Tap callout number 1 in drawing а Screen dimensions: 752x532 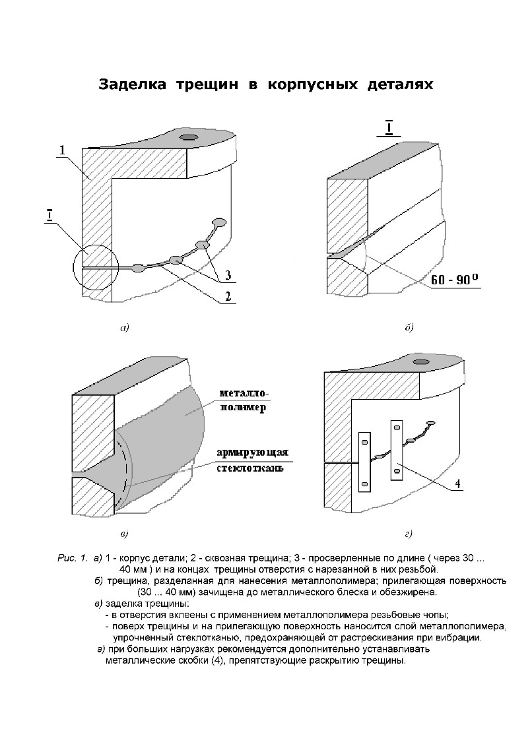[61, 151]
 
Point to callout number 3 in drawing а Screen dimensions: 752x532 [228, 274]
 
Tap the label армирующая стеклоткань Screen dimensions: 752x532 [251, 460]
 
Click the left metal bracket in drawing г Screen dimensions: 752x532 [364, 461]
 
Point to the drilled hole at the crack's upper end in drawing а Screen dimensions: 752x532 [219, 222]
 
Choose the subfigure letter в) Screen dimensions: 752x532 [124, 532]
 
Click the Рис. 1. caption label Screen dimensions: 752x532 [72, 559]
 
